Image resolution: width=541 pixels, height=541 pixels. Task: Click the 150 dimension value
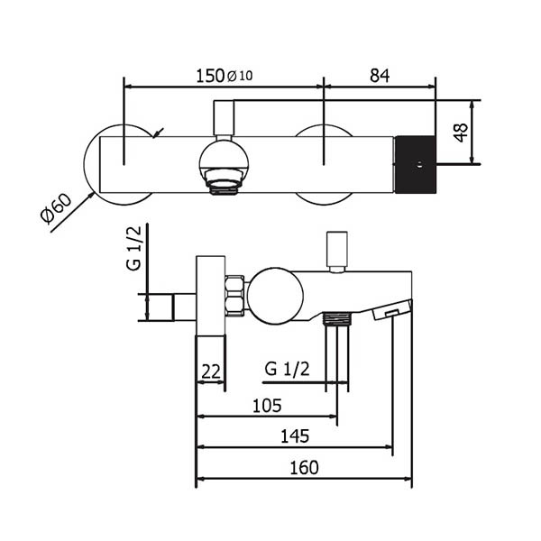(x=211, y=77)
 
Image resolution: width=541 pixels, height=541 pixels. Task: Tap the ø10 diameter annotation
(x=240, y=77)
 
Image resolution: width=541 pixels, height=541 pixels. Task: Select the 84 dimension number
(x=379, y=77)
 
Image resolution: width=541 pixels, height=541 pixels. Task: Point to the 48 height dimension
(x=460, y=133)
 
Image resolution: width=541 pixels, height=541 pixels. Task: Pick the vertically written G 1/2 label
(x=133, y=251)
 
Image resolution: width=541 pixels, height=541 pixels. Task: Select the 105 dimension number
(x=267, y=406)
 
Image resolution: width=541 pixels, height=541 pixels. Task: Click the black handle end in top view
(x=416, y=164)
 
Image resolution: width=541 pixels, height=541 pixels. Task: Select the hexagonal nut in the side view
(x=236, y=296)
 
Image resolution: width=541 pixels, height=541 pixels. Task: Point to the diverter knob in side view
(x=336, y=251)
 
